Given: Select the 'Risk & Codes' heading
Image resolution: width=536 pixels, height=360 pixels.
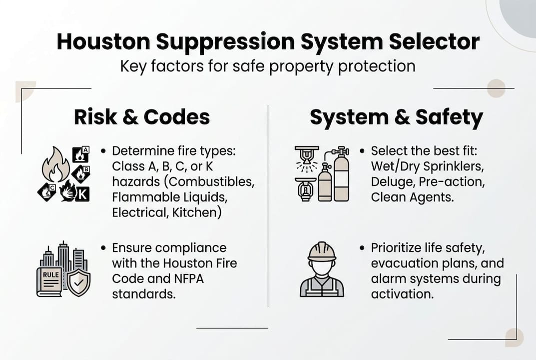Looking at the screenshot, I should coord(142,117).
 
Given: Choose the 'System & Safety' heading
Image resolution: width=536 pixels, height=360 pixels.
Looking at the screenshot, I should coord(396,117).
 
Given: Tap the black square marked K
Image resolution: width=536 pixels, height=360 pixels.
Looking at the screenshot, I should coord(82,193).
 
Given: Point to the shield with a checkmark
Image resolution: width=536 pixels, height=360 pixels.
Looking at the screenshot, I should coord(78,283).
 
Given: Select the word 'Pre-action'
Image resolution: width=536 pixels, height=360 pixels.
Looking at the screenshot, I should coord(452,181).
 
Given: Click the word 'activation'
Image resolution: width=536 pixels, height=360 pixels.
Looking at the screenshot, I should coord(402,293).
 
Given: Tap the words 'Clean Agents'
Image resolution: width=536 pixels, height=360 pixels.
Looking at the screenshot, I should coord(412,197).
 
